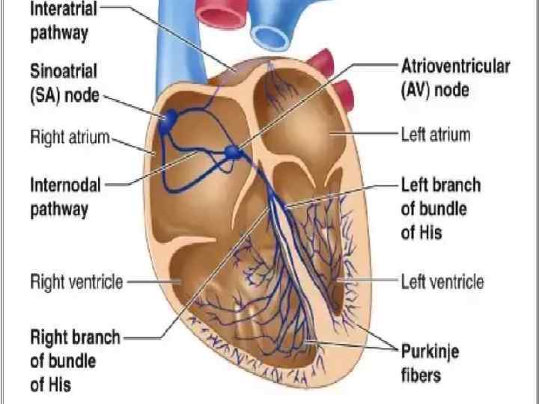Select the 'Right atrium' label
69,138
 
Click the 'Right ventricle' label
76,282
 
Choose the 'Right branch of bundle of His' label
74,361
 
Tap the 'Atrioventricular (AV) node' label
455,77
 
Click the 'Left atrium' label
435,135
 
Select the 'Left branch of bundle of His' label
441,208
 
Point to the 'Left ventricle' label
442,281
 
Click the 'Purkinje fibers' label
430,362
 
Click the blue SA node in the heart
168,120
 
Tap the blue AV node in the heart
234,153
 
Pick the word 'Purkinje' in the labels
430,352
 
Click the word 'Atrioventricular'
455,66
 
